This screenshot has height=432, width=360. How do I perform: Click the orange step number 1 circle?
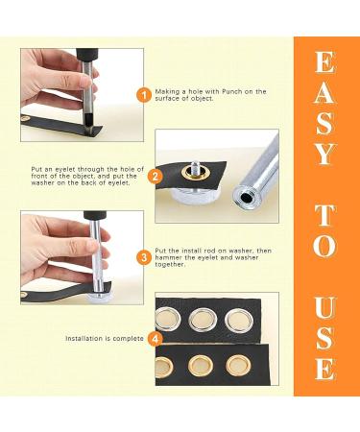[x=144, y=95]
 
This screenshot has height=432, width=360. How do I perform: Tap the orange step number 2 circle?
[x=156, y=177]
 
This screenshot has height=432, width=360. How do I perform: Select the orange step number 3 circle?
[x=144, y=258]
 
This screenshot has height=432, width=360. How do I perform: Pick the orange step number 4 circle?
[x=156, y=339]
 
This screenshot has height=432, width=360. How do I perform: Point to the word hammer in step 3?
[x=166, y=257]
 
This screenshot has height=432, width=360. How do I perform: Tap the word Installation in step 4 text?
[x=84, y=339]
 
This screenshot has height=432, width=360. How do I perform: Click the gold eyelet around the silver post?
[x=195, y=173]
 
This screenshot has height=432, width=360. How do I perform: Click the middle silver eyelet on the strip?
[x=203, y=320]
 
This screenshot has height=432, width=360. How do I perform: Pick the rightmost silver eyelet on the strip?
[x=239, y=320]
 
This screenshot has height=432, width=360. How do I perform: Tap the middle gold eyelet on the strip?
[x=201, y=366]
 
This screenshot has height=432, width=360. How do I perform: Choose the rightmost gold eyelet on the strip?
[x=237, y=366]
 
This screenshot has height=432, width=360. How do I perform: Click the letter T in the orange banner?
[x=325, y=216]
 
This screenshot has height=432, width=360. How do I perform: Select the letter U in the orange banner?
[x=325, y=308]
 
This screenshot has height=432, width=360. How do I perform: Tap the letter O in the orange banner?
[x=325, y=246]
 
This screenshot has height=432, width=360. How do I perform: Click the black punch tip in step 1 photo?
[x=87, y=121]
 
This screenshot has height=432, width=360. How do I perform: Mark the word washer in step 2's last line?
[x=40, y=183]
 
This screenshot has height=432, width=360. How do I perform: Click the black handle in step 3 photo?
[x=93, y=215]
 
